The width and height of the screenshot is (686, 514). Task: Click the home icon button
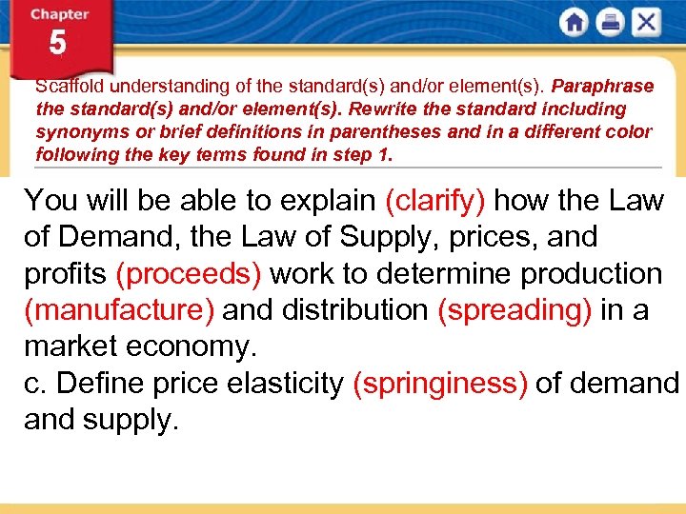575,23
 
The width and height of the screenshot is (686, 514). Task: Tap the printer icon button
610,23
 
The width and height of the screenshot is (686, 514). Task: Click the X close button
646,23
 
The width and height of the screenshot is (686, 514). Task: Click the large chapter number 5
58,44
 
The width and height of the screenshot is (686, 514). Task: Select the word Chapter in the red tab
59,14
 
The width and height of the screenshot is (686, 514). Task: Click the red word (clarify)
435,201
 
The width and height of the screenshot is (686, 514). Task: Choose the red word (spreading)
514,309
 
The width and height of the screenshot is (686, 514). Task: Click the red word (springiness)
440,383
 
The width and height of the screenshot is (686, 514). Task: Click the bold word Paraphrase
603,87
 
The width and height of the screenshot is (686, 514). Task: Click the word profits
65,273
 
